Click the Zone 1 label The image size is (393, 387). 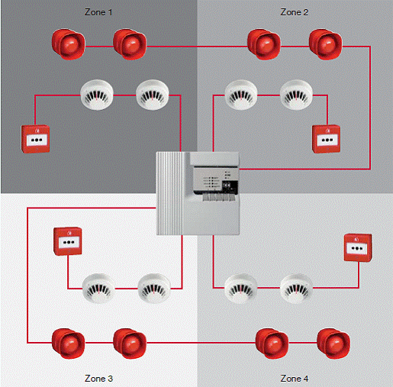click(x=98, y=12)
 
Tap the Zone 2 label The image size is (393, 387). click(x=295, y=12)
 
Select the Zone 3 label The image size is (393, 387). click(x=98, y=379)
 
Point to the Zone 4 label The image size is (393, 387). click(x=295, y=379)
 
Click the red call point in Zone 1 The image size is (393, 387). click(x=35, y=139)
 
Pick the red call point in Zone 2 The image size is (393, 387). click(x=326, y=139)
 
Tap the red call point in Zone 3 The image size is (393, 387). click(x=68, y=241)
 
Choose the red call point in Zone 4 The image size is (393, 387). click(x=358, y=247)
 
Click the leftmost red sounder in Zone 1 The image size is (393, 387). click(x=68, y=44)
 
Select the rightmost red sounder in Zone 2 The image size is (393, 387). click(x=326, y=44)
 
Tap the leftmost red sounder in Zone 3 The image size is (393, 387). click(x=68, y=343)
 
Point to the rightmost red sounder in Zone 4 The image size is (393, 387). click(x=333, y=343)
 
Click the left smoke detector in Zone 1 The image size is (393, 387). click(x=97, y=95)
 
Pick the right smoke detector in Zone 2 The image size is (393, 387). click(x=296, y=95)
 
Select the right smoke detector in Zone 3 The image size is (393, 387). click(x=154, y=289)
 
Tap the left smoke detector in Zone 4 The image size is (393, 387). click(x=240, y=289)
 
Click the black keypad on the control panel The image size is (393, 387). click(x=230, y=187)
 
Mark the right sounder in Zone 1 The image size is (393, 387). click(x=130, y=44)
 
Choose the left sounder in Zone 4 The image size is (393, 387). click(x=272, y=343)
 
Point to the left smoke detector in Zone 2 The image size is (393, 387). click(x=241, y=95)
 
